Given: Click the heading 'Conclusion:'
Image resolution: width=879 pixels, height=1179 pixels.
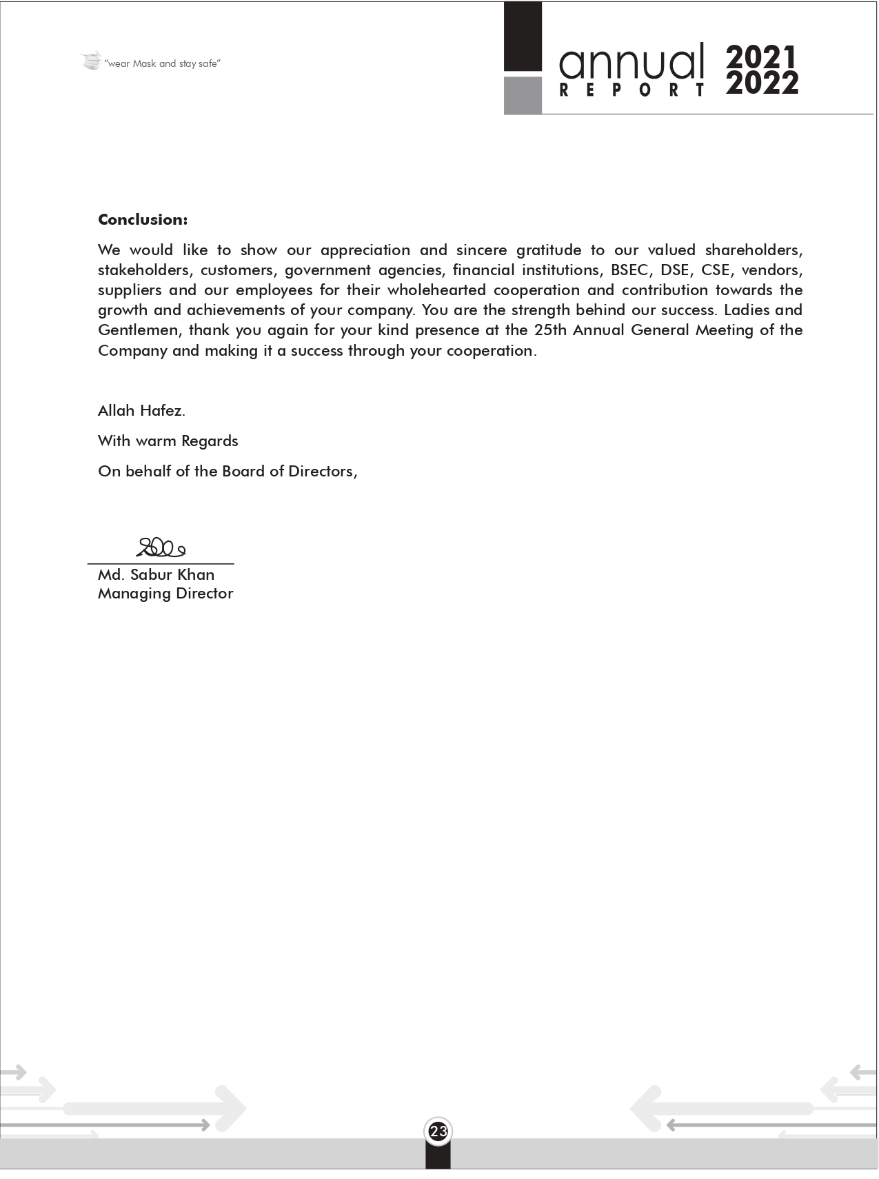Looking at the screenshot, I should tap(143, 220).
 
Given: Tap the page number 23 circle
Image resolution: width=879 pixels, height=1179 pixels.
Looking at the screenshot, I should tap(438, 1131).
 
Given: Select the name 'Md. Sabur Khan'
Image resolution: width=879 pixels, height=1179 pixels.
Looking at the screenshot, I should tap(156, 575).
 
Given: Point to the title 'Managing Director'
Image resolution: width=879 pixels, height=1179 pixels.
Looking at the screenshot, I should tap(165, 594).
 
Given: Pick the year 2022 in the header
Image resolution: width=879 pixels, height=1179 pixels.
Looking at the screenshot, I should tap(762, 84).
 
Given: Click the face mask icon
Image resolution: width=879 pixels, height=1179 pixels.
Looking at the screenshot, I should tap(90, 61).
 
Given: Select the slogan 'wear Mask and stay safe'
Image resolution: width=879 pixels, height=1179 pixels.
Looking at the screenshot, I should tap(163, 64).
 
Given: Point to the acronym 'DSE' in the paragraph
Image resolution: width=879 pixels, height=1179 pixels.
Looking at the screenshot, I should tap(674, 270).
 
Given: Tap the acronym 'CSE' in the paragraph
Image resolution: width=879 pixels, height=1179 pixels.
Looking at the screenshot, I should tap(715, 270).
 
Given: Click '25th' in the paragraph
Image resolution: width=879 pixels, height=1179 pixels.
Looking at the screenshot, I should tap(550, 330).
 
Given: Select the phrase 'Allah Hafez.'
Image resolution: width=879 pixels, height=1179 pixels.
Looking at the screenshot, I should tap(141, 411).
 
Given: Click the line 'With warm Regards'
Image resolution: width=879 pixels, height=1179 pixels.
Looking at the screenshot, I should tap(168, 441).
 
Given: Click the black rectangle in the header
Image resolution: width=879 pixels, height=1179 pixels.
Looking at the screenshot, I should tap(523, 37).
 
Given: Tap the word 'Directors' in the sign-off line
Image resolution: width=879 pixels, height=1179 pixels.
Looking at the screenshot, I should tap(323, 472).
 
